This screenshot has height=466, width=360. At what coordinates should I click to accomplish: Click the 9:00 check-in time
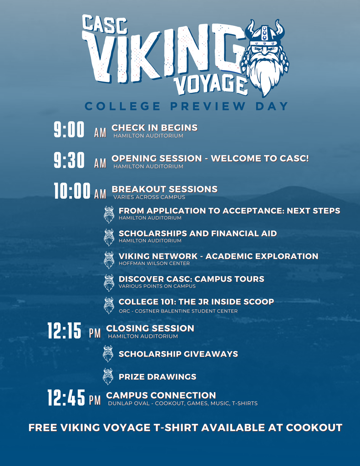[x=69, y=130]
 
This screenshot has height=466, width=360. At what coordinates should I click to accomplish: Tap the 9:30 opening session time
[x=69, y=161]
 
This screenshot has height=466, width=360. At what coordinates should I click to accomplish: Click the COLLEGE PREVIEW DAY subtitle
[x=187, y=106]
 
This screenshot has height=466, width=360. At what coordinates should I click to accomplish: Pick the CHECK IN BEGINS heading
[x=154, y=127]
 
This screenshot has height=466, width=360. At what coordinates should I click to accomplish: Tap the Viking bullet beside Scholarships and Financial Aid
[x=109, y=237]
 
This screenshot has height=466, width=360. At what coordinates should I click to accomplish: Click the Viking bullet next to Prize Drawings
[x=108, y=376]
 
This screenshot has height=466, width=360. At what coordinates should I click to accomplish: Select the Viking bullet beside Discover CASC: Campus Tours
[x=109, y=282]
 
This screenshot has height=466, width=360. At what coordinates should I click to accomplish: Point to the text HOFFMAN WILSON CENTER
[x=154, y=263]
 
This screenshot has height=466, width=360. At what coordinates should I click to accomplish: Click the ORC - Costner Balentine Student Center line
[x=178, y=311]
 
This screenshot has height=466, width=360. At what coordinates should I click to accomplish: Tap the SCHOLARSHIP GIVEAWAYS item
[x=178, y=354]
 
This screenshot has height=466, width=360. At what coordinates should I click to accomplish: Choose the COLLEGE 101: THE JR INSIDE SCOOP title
[x=196, y=302]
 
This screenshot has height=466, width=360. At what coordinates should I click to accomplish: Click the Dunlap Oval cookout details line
[x=183, y=403]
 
